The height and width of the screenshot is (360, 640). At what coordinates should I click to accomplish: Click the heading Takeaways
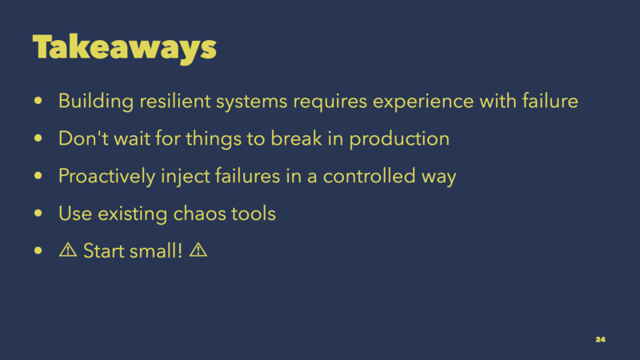click(125, 49)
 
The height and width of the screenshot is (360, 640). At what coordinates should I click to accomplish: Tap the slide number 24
click(601, 339)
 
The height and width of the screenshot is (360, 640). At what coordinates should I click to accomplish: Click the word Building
click(96, 102)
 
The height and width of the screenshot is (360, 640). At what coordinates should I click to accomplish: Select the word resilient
click(175, 101)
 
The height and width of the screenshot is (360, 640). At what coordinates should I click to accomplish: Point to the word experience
click(423, 102)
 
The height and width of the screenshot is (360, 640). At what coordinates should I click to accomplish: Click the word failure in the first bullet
click(550, 101)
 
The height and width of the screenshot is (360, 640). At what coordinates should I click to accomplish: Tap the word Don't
click(84, 138)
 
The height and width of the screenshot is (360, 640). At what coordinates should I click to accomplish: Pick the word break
click(296, 138)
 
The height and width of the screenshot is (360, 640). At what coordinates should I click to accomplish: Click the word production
click(399, 139)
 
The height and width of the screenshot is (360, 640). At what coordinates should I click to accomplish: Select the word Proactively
click(107, 177)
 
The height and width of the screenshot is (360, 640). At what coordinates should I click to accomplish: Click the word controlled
click(369, 176)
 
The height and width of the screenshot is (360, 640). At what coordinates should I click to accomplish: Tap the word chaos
click(199, 214)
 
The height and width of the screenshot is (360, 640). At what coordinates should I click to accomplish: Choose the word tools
click(254, 214)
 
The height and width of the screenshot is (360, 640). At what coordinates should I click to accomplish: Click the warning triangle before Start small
click(68, 250)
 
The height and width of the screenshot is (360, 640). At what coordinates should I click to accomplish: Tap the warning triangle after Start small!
click(198, 250)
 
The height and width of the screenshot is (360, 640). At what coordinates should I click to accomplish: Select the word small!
click(156, 250)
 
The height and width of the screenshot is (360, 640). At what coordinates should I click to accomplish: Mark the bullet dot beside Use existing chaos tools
click(38, 213)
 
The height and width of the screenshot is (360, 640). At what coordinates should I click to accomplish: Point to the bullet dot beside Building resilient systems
click(38, 101)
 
